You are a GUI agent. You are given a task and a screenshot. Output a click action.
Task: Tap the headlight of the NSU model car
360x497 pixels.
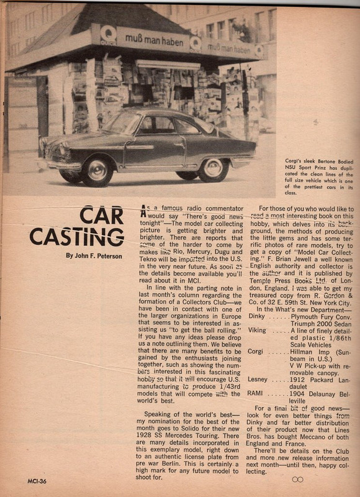61,150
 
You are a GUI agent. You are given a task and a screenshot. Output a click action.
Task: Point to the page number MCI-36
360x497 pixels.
20,480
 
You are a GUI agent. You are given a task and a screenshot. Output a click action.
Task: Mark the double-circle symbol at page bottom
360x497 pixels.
297,480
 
